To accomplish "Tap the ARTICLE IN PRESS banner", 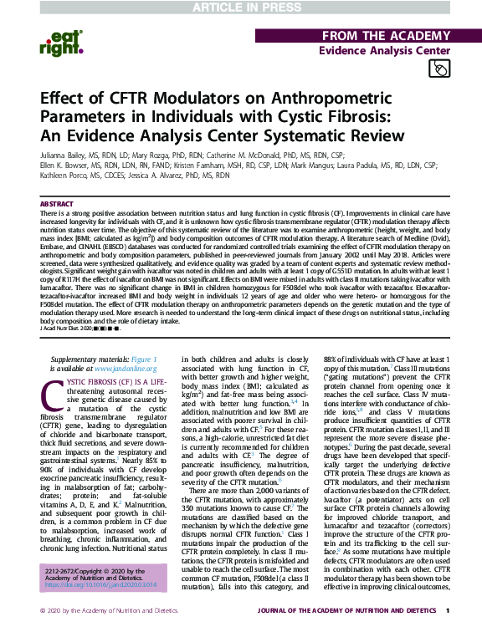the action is tap(241, 8).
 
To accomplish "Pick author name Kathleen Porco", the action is tap(61, 177).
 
